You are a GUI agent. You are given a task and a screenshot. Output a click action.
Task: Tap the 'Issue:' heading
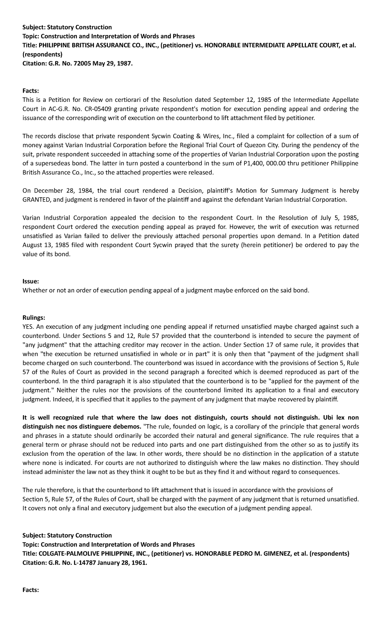click(x=31, y=282)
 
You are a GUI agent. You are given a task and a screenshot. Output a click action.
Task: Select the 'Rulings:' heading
click(x=34, y=318)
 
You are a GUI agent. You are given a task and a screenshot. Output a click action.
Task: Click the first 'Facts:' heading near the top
click(x=31, y=91)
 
